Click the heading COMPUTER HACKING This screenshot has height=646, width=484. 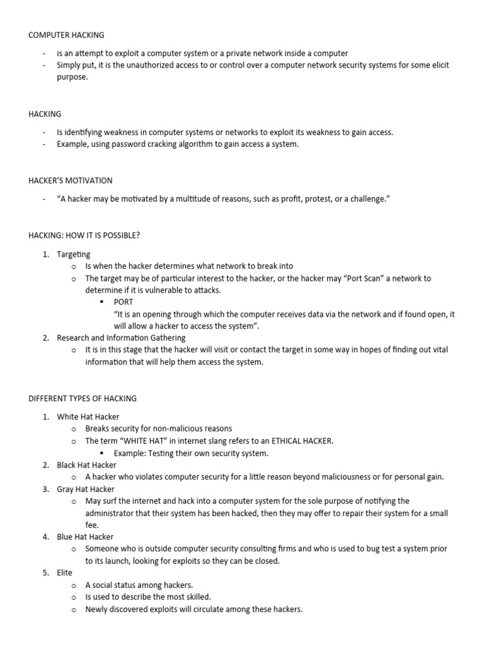click(x=66, y=35)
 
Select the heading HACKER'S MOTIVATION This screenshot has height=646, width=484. click(x=71, y=180)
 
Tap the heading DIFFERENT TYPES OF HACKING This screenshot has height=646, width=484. click(x=83, y=399)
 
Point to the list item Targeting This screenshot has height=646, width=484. click(x=73, y=254)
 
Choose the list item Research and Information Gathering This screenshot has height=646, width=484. click(x=121, y=338)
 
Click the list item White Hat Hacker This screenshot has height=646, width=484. click(x=88, y=417)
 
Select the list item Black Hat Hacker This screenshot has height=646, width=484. click(x=86, y=465)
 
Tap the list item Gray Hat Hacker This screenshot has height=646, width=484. click(x=86, y=489)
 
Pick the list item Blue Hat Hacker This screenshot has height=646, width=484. click(x=86, y=537)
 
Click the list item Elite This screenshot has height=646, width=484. click(x=65, y=573)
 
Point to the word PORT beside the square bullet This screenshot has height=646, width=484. click(x=124, y=302)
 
